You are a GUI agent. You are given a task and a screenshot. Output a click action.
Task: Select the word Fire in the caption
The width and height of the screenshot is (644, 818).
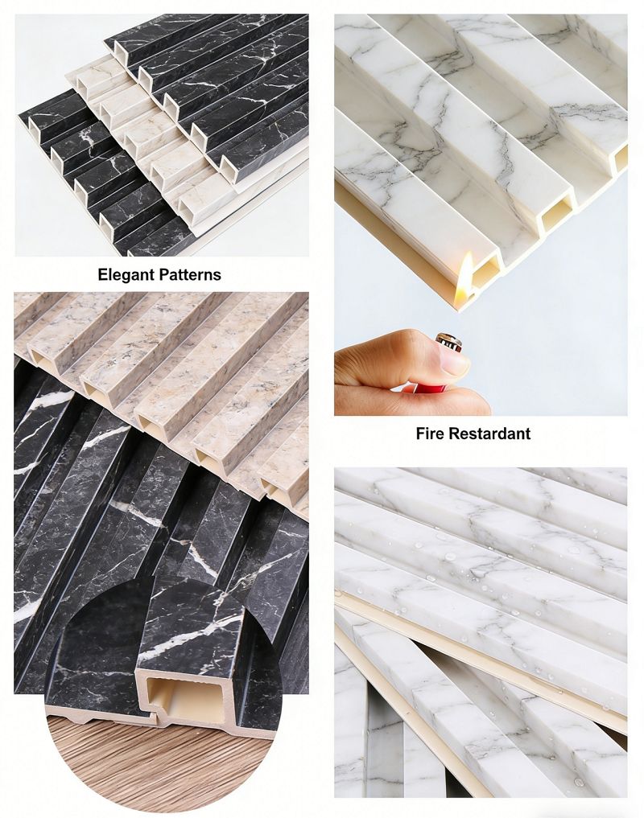pyautogui.click(x=429, y=433)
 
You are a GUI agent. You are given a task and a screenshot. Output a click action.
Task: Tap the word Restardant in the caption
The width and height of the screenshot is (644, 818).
pyautogui.click(x=489, y=433)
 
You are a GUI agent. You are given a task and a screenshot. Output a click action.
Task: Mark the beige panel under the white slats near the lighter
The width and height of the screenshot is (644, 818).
pyautogui.click(x=397, y=236)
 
